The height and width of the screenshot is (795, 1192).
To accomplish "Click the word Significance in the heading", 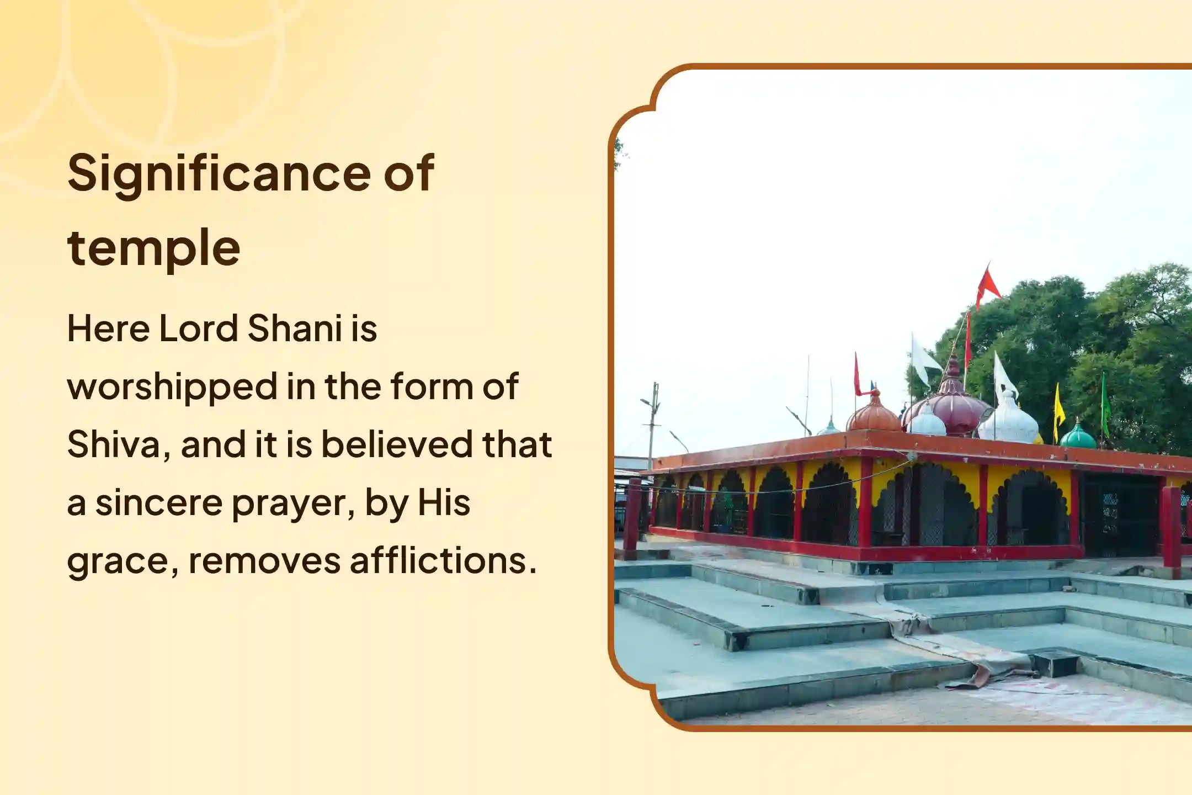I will (219, 174).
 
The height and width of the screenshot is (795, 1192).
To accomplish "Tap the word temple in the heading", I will (153, 248).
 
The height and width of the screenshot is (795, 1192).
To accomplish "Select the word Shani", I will (295, 329).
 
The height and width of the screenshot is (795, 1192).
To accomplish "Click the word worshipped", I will (172, 388).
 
